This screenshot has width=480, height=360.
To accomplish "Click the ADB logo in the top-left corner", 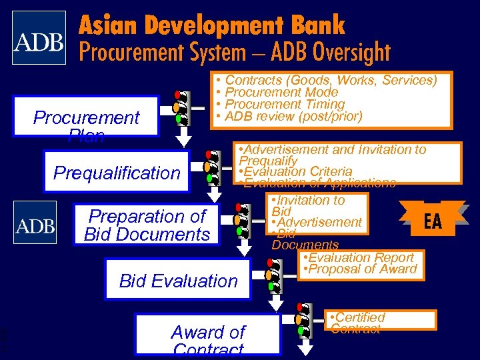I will [x=39, y=38].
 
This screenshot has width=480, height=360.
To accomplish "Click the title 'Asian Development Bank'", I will [x=212, y=25].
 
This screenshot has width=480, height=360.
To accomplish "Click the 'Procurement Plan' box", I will [x=87, y=119].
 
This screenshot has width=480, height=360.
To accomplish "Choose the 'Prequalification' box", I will [x=117, y=173].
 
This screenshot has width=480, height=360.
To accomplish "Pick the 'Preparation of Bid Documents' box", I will [x=147, y=225].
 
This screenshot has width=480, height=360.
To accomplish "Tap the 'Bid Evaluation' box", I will [x=178, y=281].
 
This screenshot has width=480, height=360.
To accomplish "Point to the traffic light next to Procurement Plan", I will [x=179, y=107].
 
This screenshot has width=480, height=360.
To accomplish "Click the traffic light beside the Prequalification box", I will [x=211, y=167].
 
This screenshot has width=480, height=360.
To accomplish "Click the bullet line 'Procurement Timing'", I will [x=285, y=104].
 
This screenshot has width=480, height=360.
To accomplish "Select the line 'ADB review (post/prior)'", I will [x=293, y=117].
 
